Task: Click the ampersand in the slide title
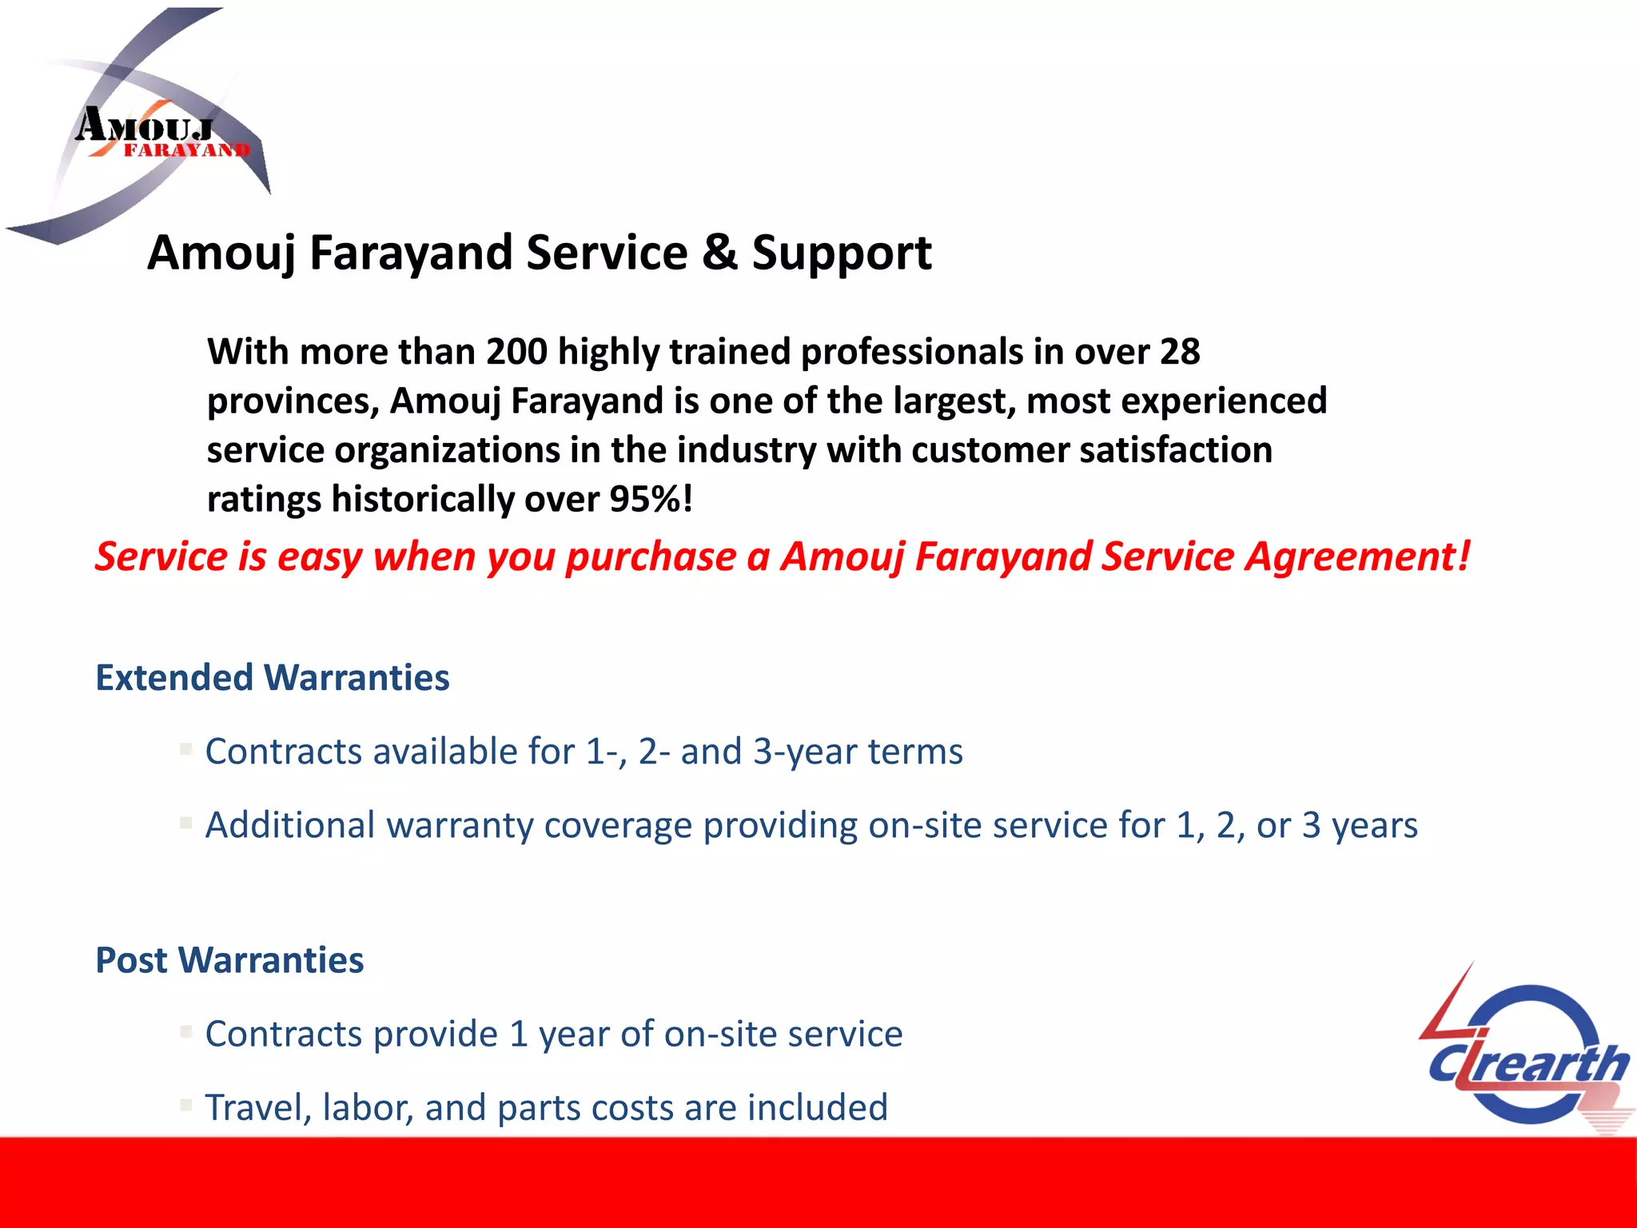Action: (x=719, y=253)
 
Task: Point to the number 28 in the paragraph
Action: (x=1179, y=352)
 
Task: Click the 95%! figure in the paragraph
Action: (x=651, y=500)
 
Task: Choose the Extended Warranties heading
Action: (x=273, y=678)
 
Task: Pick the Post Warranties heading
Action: (x=229, y=960)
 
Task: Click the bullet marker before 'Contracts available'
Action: (x=186, y=749)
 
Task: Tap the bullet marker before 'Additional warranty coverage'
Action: (x=186, y=823)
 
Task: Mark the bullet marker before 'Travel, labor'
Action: (x=186, y=1105)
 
